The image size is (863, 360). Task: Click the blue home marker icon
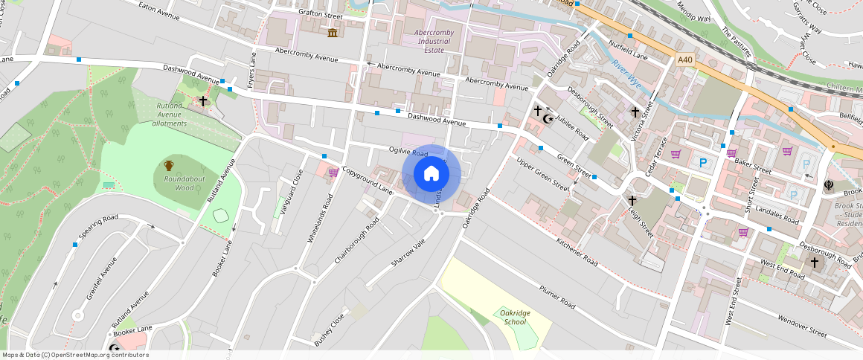(431, 174)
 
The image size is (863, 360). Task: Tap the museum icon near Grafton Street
(332, 33)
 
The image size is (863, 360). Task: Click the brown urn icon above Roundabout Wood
(169, 166)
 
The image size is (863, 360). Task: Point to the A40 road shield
(685, 59)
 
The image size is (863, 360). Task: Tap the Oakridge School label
(515, 318)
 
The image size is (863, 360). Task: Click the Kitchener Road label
(577, 251)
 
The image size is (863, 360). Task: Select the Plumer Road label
(557, 296)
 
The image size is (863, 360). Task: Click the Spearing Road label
(97, 225)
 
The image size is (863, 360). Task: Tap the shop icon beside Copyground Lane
(333, 172)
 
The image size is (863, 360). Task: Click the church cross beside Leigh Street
(632, 200)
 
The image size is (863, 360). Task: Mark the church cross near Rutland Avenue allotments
(202, 101)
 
